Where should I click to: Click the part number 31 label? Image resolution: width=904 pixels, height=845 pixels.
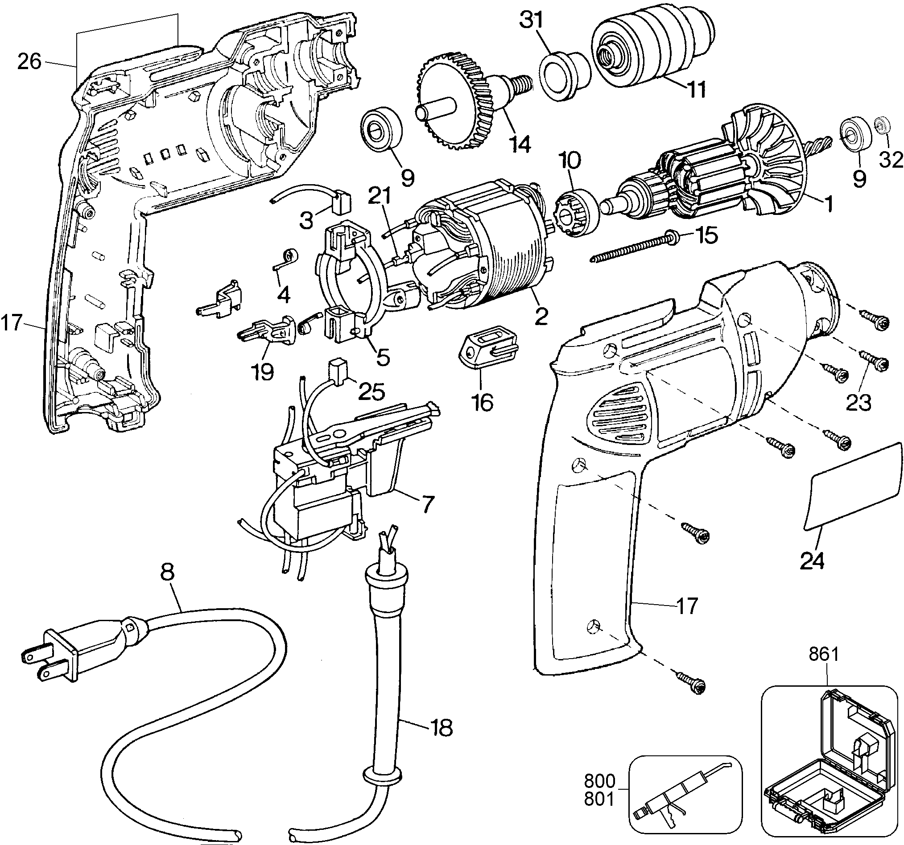[x=532, y=21]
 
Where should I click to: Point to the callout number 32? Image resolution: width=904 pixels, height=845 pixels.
[x=890, y=160]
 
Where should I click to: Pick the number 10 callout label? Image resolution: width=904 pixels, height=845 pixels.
[x=570, y=161]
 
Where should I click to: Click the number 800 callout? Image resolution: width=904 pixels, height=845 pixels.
[x=599, y=781]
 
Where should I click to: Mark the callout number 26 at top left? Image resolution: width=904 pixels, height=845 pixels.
[x=29, y=62]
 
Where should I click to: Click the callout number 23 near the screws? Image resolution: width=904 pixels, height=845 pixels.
[x=859, y=402]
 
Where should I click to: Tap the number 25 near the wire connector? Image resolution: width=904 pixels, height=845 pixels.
[x=372, y=392]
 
